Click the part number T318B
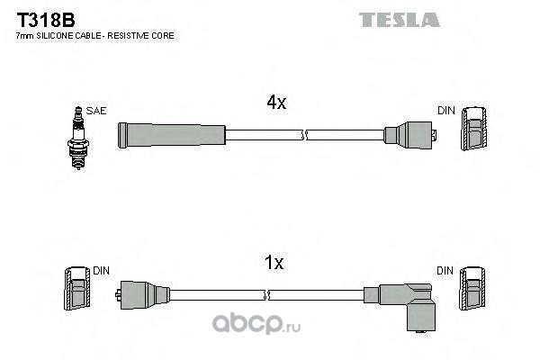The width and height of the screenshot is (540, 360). tap(46, 20)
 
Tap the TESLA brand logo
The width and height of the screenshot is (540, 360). tap(399, 20)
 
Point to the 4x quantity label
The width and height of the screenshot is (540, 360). tap(276, 102)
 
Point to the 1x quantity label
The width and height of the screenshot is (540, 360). tap(274, 263)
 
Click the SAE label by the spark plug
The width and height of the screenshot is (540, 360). tap(96, 111)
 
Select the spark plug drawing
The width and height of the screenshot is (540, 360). tap(78, 138)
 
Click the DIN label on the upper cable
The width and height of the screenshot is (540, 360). tap(446, 110)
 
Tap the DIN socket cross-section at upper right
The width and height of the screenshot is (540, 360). tap(474, 128)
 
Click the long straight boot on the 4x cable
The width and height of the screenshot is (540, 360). tap(172, 135)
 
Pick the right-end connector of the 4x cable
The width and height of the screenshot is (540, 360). tap(410, 135)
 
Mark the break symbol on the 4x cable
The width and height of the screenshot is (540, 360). tap(303, 135)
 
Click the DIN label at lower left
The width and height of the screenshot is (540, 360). tap(101, 271)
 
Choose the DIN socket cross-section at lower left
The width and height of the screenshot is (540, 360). tap(77, 288)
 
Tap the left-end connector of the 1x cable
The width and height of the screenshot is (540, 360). tap(142, 295)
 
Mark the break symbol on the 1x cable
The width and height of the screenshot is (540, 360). tap(265, 295)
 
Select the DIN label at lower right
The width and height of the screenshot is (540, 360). tap(445, 271)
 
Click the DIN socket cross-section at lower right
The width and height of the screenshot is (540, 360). tap(472, 288)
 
